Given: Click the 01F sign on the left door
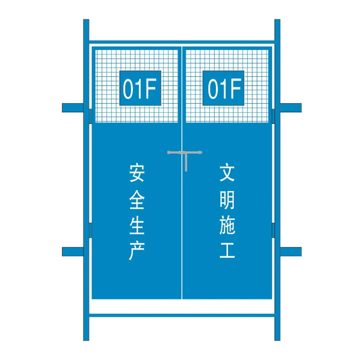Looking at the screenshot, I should tap(140, 88).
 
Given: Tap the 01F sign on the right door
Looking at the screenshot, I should tap(223, 88).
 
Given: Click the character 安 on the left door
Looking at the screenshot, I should tap(136, 173).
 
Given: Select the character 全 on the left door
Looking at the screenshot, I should tap(136, 199).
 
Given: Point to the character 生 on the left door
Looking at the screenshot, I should tap(136, 225).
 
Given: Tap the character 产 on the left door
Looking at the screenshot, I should tap(136, 251).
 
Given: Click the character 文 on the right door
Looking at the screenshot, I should tap(227, 173).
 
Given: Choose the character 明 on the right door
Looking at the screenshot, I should tap(227, 199).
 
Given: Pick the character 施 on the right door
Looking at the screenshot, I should tap(227, 225).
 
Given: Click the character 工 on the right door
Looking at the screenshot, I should tap(227, 251).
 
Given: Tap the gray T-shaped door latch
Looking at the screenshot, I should tap(185, 154).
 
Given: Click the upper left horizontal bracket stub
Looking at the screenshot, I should tap(72, 108).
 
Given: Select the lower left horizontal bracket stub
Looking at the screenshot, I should tap(72, 252).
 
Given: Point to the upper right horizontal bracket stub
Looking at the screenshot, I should tap(291, 108).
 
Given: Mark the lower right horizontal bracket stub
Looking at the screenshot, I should tap(291, 252).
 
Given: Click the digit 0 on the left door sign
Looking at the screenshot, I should tap(128, 89).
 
